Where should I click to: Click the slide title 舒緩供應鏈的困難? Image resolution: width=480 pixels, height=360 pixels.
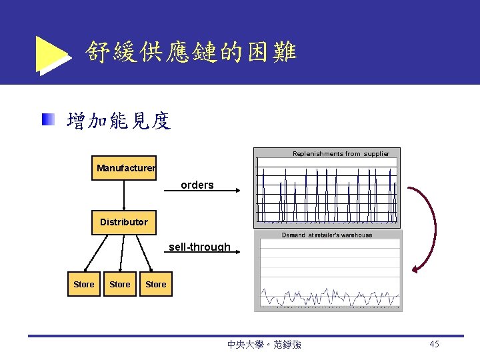191,51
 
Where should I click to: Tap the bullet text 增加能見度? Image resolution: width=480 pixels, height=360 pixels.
119,121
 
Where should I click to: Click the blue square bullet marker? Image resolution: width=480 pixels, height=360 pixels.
47,121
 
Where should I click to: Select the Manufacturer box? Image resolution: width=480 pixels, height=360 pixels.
125,168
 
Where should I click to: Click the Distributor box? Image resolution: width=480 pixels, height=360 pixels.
124,222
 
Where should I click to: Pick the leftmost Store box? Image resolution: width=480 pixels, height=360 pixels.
84,284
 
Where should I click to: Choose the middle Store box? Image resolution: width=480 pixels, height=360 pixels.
120,284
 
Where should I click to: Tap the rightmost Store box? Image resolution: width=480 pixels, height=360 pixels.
156,284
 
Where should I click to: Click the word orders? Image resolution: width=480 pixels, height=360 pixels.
197,185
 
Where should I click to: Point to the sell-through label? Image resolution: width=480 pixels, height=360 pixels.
199,247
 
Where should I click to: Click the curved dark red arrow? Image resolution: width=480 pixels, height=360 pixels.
431,227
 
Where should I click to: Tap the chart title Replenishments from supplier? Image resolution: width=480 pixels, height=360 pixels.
341,154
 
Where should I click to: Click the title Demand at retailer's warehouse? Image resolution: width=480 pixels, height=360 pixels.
327,235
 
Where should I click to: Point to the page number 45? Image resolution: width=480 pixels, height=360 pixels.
434,344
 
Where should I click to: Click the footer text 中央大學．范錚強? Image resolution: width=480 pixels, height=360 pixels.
264,345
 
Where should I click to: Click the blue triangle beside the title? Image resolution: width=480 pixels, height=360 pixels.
52,55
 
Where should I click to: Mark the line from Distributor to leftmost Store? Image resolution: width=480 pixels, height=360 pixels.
97,253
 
